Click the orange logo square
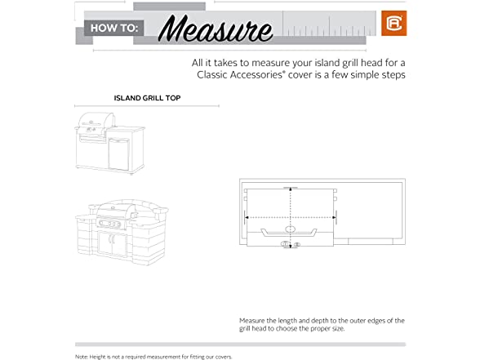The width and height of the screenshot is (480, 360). point(394,23)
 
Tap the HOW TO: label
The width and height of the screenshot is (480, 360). point(114,28)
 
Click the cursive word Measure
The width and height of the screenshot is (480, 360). point(216,28)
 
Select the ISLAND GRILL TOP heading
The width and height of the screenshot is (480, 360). point(147,98)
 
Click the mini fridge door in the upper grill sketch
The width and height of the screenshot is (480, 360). point(118,154)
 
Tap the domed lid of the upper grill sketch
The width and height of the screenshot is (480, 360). point(96,119)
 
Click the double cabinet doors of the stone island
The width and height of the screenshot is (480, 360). point(113,243)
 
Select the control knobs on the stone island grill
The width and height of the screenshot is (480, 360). point(111,224)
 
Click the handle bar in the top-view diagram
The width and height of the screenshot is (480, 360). point(290,233)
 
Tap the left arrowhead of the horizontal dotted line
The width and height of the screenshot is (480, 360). point(247,217)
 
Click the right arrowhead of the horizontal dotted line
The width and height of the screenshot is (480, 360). point(334,217)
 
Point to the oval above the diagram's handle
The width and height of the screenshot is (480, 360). point(291,229)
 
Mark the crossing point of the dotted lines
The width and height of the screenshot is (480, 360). point(291,217)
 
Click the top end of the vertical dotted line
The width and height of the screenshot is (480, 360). point(291,188)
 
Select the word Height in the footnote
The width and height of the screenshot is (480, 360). point(97,357)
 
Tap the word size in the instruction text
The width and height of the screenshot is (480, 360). point(338,329)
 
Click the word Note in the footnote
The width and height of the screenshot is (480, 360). point(82,357)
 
